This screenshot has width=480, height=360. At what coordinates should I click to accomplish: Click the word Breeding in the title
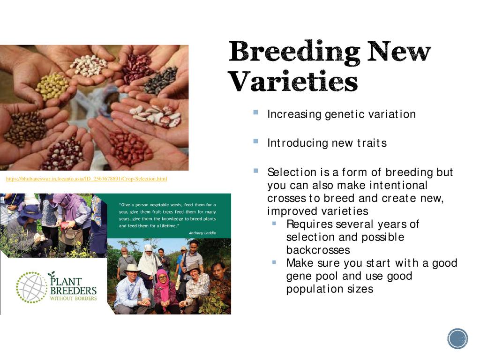click(x=294, y=52)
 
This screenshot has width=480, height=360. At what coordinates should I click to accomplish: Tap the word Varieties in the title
click(x=293, y=81)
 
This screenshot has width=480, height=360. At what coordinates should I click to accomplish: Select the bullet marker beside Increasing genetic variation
click(x=256, y=112)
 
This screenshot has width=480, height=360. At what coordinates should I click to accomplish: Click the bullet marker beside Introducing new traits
click(x=256, y=141)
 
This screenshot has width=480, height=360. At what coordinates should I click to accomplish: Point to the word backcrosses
click(x=318, y=250)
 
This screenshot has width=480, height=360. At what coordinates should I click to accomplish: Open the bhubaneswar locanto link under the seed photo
click(x=86, y=179)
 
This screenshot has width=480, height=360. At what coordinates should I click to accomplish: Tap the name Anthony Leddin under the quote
click(x=202, y=233)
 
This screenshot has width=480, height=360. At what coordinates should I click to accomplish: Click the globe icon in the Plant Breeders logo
click(x=31, y=287)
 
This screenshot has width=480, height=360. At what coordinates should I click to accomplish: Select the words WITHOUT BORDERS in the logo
click(x=74, y=299)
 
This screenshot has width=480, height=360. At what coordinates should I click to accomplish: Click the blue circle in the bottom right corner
click(x=457, y=338)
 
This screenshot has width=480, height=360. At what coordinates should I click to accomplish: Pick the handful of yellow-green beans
click(x=52, y=86)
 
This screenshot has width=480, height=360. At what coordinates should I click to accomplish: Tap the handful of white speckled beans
click(x=89, y=65)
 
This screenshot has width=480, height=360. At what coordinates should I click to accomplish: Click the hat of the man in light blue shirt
click(x=132, y=269)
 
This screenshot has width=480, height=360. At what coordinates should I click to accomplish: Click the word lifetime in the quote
click(x=168, y=226)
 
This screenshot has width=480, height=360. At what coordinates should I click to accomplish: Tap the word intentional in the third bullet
click(x=398, y=185)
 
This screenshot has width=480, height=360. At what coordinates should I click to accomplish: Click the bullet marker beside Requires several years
click(x=274, y=224)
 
